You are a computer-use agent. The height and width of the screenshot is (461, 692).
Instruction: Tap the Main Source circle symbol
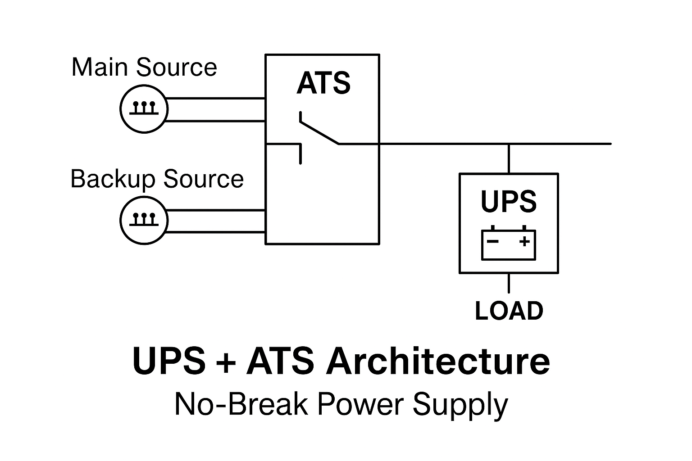pyautogui.click(x=144, y=109)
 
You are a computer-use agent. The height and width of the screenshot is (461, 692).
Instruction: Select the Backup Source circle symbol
pyautogui.click(x=144, y=221)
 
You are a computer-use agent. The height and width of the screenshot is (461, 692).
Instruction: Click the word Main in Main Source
pyautogui.click(x=100, y=67)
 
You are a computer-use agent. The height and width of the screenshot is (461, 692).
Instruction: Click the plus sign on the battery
pyautogui.click(x=524, y=241)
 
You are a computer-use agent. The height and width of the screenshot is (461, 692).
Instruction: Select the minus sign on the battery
pyautogui.click(x=493, y=241)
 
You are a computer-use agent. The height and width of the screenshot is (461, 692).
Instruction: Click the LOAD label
pyautogui.click(x=509, y=311)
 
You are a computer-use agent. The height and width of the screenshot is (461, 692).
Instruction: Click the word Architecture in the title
pyautogui.click(x=438, y=361)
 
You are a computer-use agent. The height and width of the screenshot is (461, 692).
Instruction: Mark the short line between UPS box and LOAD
pyautogui.click(x=509, y=283)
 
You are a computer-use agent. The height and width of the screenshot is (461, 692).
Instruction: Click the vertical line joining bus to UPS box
pyautogui.click(x=509, y=158)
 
